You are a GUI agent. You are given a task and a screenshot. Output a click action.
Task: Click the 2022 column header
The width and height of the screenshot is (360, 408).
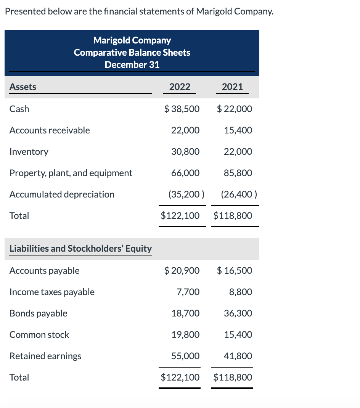point(180,87)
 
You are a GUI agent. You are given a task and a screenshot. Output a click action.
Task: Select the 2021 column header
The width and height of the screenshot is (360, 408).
point(232,87)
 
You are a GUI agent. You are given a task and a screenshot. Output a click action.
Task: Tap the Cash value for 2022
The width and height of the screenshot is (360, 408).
point(182,109)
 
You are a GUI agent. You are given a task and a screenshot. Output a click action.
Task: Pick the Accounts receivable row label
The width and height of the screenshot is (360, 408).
point(50,130)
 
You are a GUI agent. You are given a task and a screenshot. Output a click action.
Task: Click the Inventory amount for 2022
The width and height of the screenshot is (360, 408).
point(185,151)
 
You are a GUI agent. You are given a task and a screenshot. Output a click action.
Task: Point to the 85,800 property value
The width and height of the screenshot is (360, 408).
point(238,173)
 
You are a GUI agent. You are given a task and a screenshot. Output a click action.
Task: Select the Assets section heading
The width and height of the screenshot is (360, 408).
point(22,87)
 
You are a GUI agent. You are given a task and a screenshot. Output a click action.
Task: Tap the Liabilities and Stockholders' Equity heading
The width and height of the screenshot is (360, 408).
point(80,249)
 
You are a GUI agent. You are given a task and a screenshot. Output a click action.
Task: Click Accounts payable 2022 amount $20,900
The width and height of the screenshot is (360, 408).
point(182,271)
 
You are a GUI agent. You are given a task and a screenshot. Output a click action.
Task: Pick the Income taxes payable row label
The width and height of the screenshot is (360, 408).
point(52,292)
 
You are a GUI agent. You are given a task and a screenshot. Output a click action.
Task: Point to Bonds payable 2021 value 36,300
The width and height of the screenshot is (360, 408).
point(238,313)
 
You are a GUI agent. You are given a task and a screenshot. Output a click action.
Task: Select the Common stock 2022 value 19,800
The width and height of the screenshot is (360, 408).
point(185,335)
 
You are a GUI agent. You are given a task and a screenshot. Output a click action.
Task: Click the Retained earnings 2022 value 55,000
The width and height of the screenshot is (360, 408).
point(185,356)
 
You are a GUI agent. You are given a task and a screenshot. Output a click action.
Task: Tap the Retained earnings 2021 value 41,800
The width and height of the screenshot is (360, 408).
point(238,356)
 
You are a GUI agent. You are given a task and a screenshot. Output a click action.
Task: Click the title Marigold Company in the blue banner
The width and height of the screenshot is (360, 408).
point(132,40)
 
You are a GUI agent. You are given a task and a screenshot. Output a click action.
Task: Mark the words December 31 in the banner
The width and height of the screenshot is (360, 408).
point(132,64)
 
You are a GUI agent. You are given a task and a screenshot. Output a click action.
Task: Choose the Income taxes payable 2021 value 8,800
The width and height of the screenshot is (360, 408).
point(241,292)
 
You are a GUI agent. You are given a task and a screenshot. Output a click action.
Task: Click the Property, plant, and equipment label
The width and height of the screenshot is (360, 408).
point(71,173)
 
